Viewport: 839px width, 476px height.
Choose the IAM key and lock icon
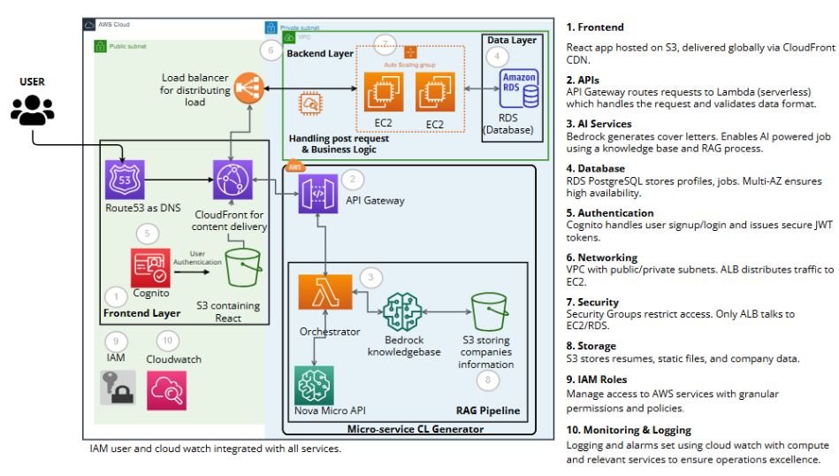coord(118,388)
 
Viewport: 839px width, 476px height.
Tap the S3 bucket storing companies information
coord(487,311)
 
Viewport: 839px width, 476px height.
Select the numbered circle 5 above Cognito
coord(147,234)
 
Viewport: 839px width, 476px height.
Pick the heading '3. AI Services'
coord(599,124)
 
